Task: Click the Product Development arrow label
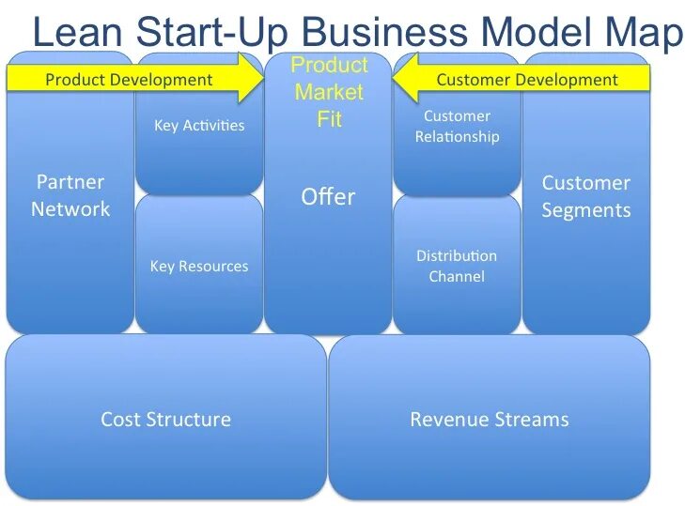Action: pos(129,80)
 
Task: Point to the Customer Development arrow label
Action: pos(527,80)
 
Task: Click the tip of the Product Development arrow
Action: pos(262,78)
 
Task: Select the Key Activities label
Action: pos(199,126)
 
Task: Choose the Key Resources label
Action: pos(199,267)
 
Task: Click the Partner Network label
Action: pos(70,195)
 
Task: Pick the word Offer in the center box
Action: pos(328,197)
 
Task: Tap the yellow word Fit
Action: pos(329,120)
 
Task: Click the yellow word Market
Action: pos(329,93)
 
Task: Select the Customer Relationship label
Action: pos(458,127)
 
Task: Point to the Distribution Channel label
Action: pos(457,266)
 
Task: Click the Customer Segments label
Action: pos(586,196)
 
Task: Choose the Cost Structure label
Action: pos(165,420)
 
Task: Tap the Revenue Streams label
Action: pos(490,420)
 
